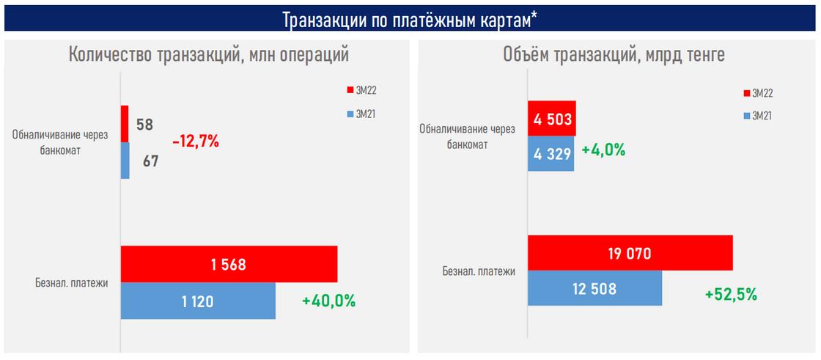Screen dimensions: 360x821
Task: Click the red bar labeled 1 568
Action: (x=229, y=264)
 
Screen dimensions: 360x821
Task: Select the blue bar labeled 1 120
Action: (x=198, y=301)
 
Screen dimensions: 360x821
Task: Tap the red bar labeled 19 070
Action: (x=630, y=253)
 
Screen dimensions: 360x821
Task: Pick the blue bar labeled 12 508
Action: (x=594, y=288)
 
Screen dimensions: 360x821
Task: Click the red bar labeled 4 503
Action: (x=552, y=119)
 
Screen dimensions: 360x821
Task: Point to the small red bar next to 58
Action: (x=125, y=124)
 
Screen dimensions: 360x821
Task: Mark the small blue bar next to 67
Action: (x=125, y=161)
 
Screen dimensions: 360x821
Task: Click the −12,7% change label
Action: (x=196, y=142)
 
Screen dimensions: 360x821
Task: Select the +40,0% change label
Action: (x=328, y=301)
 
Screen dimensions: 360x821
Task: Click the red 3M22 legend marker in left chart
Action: (x=350, y=90)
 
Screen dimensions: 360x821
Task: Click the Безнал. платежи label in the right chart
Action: (x=479, y=271)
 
